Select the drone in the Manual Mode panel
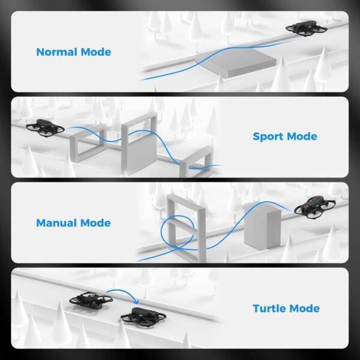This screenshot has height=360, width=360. click(313, 208)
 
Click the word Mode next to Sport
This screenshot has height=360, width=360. click(301, 137)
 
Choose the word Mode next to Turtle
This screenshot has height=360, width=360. click(303, 309)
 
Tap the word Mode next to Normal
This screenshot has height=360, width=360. click(95, 52)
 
